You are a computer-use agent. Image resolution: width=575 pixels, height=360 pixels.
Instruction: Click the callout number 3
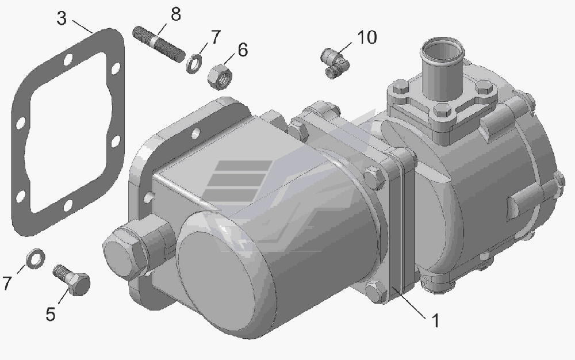click(62, 18)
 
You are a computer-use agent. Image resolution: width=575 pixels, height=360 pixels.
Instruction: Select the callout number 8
click(176, 14)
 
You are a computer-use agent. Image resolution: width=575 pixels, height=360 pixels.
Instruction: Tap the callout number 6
click(243, 50)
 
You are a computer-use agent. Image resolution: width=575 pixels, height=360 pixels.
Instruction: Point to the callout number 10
click(367, 37)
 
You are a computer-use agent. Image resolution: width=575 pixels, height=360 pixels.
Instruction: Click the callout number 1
click(435, 321)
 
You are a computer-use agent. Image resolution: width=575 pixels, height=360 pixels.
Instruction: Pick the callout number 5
click(51, 314)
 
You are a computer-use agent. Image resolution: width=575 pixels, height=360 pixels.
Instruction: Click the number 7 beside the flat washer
click(7, 282)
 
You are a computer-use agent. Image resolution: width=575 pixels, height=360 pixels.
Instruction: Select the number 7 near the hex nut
click(215, 37)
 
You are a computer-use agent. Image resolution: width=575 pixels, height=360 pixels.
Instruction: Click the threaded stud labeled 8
click(159, 44)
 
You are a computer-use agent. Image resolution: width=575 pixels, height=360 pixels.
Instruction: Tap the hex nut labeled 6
click(220, 76)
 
